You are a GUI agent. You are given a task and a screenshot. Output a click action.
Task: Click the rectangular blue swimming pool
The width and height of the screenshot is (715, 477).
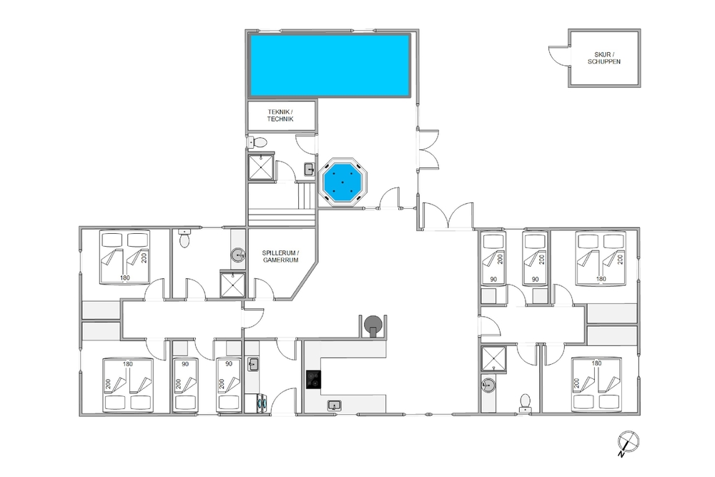[329, 65]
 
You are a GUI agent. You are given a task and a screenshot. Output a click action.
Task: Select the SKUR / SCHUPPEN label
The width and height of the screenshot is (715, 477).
[603, 58]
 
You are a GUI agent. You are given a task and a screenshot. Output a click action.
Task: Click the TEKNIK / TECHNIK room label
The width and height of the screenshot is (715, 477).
[280, 115]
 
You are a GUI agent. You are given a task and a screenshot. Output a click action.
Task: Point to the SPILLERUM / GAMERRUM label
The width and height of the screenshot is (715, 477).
[280, 256]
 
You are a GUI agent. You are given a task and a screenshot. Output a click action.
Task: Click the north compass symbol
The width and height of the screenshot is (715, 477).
[628, 443]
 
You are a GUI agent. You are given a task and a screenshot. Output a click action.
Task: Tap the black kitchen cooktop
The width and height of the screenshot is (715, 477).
[313, 380]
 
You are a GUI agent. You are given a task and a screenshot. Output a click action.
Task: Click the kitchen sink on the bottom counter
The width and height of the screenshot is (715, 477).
[334, 405]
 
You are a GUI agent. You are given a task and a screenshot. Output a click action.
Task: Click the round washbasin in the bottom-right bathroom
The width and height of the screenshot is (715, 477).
[488, 385]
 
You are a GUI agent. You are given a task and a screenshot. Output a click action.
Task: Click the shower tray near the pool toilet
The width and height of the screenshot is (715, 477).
[261, 167]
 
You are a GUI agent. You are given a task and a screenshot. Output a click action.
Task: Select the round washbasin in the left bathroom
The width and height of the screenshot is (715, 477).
[237, 255]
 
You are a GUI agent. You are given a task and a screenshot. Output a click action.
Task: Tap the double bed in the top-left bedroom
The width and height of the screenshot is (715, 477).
[125, 257]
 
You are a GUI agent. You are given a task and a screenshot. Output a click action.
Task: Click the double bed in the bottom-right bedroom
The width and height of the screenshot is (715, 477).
[596, 385]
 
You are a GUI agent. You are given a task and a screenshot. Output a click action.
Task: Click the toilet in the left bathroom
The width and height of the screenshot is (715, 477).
[184, 238]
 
